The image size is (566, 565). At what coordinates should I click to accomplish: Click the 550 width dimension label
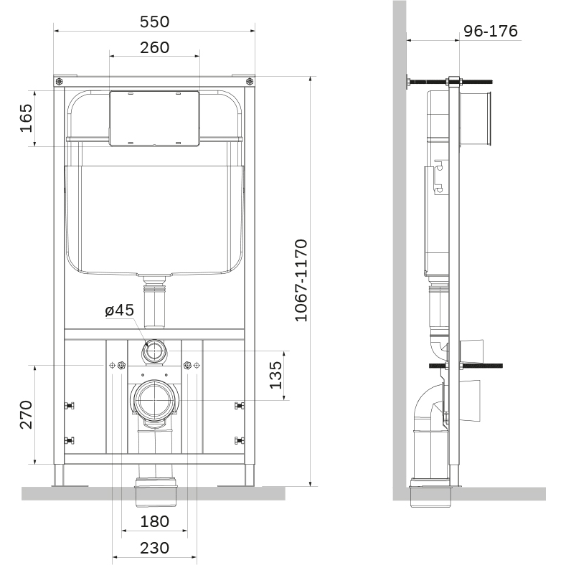tap(154, 22)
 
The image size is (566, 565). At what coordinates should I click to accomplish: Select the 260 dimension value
tap(154, 47)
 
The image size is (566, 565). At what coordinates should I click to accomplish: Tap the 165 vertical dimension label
tap(26, 118)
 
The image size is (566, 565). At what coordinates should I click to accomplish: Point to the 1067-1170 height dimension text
tap(301, 280)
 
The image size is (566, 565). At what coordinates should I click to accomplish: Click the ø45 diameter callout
tap(120, 310)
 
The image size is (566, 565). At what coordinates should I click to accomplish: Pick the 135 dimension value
tap(275, 375)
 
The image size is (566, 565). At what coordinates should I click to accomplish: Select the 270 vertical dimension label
tap(26, 414)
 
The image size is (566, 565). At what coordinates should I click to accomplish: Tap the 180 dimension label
tap(154, 521)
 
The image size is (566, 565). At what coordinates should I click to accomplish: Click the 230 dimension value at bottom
tap(154, 548)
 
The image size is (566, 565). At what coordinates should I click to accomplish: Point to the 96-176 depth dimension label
tap(491, 31)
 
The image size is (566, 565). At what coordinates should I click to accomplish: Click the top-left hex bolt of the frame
tap(60, 82)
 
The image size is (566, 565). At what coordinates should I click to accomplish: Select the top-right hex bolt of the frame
tap(250, 82)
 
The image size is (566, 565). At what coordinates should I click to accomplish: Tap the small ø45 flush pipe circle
tap(154, 351)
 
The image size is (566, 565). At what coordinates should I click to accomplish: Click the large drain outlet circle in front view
tap(154, 400)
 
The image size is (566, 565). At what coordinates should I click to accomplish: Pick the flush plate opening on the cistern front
tap(154, 118)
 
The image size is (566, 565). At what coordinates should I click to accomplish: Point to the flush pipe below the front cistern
tap(154, 303)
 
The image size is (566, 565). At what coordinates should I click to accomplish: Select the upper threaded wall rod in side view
tap(450, 82)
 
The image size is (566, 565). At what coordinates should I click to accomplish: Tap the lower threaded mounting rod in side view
tap(466, 366)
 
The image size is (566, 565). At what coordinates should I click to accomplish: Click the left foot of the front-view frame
tap(59, 475)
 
